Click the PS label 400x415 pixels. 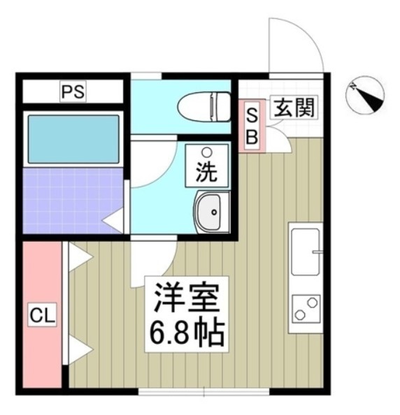point(72,91)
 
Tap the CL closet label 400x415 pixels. point(41,315)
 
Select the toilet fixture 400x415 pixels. point(205,107)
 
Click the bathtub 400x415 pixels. point(73,139)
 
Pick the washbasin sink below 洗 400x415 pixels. point(210,212)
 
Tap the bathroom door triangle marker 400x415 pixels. point(113,222)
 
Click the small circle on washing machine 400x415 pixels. point(206,152)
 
